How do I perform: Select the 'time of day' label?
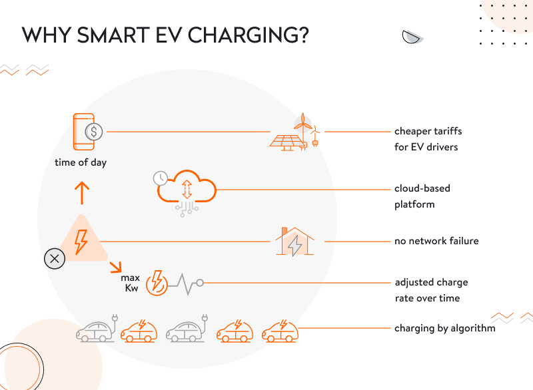click(81, 162)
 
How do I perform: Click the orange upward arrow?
click(81, 192)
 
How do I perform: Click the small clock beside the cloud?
click(160, 178)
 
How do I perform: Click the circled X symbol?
click(54, 258)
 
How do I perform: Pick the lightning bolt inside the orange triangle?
click(81, 241)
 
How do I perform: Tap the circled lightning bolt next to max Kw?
click(156, 282)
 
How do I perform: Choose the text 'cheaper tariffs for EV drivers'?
click(426, 139)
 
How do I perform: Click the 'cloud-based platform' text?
click(422, 196)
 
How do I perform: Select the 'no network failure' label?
click(436, 241)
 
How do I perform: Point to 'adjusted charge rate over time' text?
click(431, 290)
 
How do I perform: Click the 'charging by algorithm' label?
click(444, 328)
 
